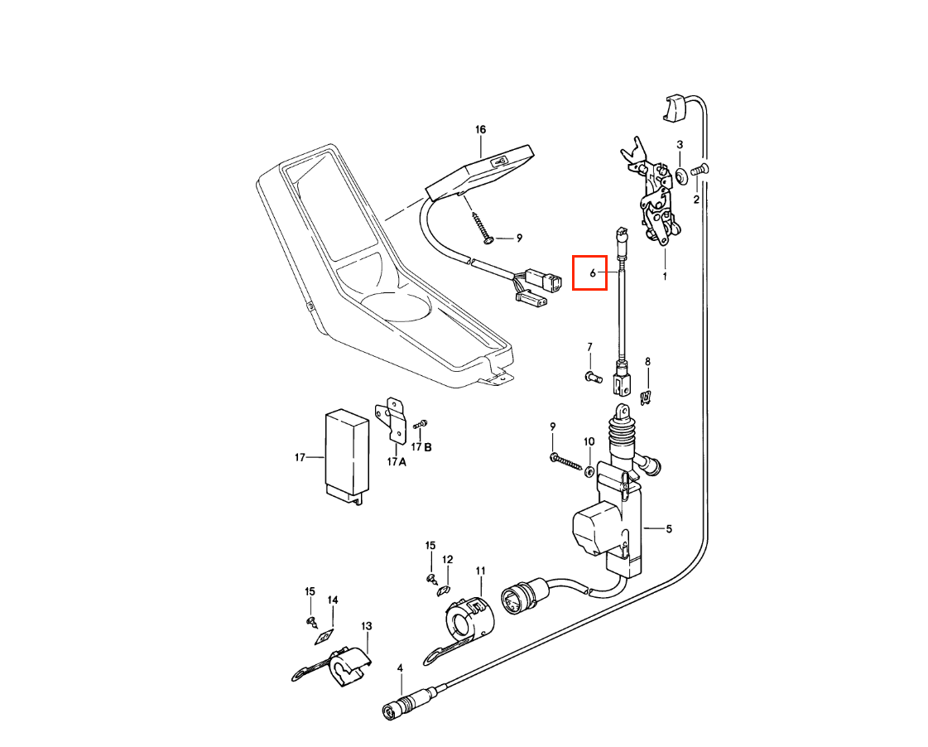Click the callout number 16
[x=480, y=129]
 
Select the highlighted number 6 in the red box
[x=593, y=272]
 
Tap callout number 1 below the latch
[x=664, y=275]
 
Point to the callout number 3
[x=680, y=145]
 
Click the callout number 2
[x=696, y=200]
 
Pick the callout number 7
[x=590, y=346]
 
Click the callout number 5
[x=669, y=528]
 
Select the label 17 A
[x=397, y=461]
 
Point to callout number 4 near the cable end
[x=400, y=667]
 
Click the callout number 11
[x=480, y=571]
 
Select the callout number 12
[x=447, y=560]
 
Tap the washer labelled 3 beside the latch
[x=679, y=175]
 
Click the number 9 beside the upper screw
[x=519, y=238]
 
